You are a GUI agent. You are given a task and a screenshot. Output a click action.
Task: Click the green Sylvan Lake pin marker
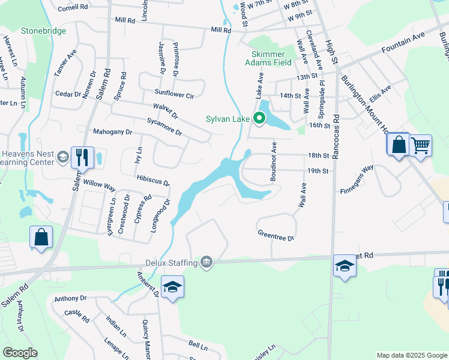[x=259, y=118]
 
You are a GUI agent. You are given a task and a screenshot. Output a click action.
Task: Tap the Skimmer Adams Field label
[x=268, y=58]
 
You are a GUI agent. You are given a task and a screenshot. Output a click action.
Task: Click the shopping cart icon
[x=420, y=145]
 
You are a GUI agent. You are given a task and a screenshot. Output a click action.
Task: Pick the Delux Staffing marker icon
[x=206, y=262]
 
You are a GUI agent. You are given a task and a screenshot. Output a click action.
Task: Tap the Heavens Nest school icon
[x=62, y=158]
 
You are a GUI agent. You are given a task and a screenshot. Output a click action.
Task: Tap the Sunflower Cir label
[x=174, y=94]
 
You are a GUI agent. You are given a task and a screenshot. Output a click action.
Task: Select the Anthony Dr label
[x=70, y=298]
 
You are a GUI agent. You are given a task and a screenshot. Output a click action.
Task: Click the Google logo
[x=20, y=353]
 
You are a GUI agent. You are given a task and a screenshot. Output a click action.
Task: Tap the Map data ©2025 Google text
[x=411, y=355]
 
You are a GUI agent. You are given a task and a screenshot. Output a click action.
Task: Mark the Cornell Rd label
[x=73, y=9]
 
